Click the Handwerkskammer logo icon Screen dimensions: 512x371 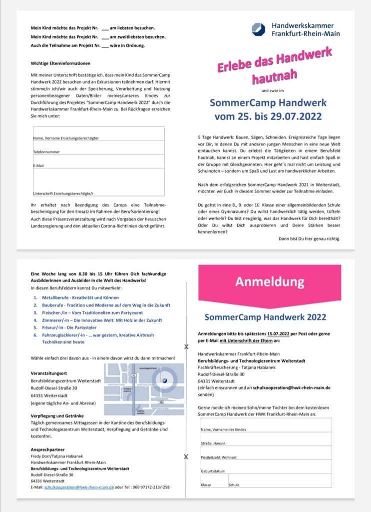coord(259,29)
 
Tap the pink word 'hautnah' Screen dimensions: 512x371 coord(274,77)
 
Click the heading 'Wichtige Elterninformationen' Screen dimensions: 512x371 coord(60,63)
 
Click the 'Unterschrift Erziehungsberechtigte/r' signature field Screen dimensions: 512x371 coord(98,184)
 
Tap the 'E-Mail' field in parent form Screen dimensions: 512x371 coord(98,161)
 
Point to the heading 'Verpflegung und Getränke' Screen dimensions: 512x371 coord(57,416)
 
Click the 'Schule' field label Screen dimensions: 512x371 coord(234,485)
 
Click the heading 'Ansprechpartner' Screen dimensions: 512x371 coord(48,449)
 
